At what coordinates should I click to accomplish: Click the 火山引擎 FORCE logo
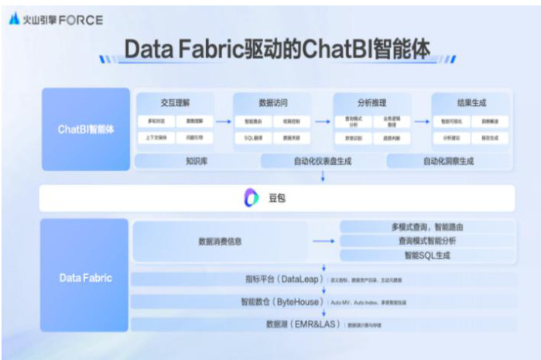click(x=55, y=19)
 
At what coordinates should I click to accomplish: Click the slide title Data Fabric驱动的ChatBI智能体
click(x=276, y=49)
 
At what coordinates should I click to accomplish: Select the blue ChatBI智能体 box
click(x=86, y=129)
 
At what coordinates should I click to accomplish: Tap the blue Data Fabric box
click(x=86, y=276)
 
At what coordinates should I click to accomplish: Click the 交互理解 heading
click(x=175, y=102)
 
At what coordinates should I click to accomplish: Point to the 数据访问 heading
click(x=273, y=102)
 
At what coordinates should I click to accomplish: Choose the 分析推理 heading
click(x=372, y=102)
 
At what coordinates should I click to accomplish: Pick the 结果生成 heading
click(x=471, y=102)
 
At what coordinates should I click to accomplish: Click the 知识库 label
click(x=197, y=161)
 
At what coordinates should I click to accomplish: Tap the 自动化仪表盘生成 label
click(x=321, y=161)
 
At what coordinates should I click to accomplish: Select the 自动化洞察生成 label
click(x=448, y=161)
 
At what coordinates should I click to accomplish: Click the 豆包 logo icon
click(x=252, y=198)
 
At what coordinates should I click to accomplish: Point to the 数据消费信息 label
click(x=220, y=242)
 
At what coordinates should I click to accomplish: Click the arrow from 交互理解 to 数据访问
click(x=224, y=121)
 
